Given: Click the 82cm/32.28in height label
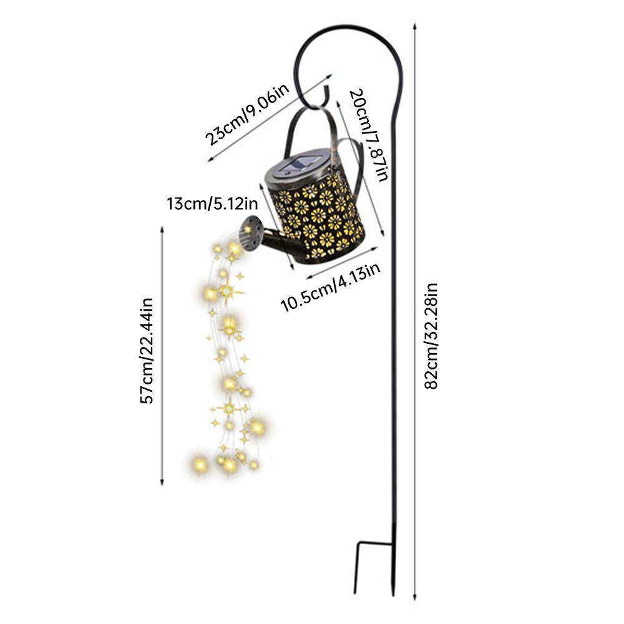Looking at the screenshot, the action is (431, 336).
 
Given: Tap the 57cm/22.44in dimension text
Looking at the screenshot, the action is (147, 351).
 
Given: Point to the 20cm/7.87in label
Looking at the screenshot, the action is (369, 135).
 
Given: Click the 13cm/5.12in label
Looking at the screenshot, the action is (212, 204).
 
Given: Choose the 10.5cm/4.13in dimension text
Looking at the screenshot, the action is (330, 286).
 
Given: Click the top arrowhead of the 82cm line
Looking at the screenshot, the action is (415, 26).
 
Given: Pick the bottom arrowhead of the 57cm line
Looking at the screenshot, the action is (162, 482).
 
